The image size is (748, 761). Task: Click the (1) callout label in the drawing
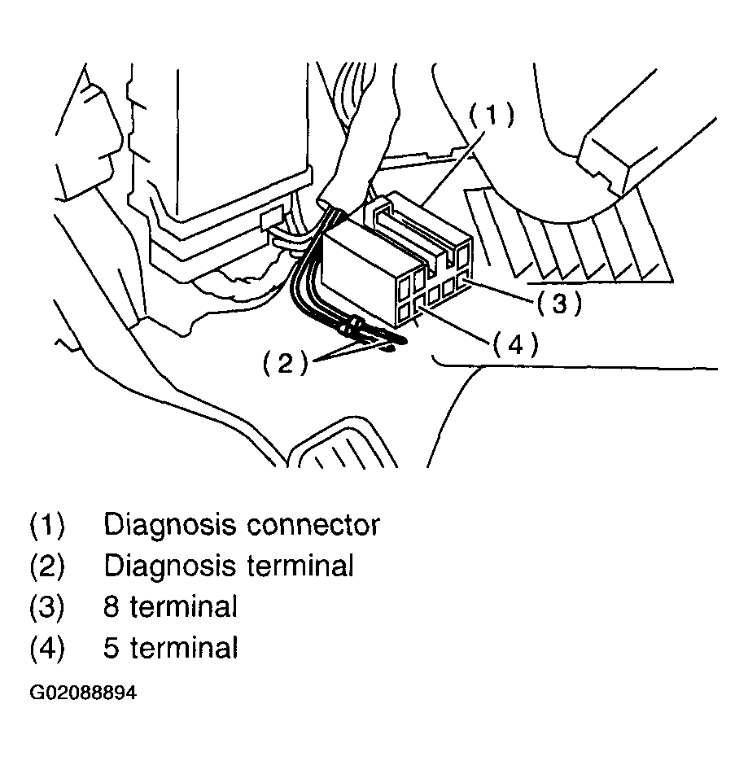click(x=491, y=115)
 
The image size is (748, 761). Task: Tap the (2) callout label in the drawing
click(x=285, y=364)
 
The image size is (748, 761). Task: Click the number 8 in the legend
click(x=111, y=606)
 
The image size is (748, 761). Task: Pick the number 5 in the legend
click(x=111, y=649)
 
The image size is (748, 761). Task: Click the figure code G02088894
click(x=83, y=693)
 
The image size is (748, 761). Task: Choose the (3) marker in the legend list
click(x=46, y=606)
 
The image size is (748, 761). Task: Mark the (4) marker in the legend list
click(x=46, y=649)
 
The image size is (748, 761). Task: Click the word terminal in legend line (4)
click(x=184, y=649)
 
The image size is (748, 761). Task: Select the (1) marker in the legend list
click(x=46, y=525)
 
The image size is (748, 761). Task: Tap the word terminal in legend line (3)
click(x=184, y=606)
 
